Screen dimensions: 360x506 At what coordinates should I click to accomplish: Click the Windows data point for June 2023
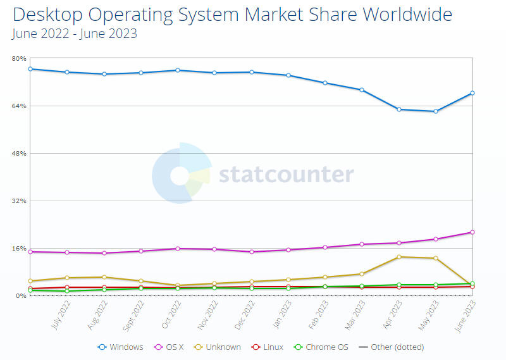472,93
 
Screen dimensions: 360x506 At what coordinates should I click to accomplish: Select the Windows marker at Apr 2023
398,109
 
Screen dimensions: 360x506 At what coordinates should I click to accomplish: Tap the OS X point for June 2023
472,232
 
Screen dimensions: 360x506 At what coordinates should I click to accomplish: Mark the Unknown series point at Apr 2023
398,257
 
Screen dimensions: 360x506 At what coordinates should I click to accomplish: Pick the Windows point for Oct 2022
178,70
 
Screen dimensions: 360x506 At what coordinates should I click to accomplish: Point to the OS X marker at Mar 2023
362,244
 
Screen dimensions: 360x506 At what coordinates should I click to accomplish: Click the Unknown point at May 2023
435,258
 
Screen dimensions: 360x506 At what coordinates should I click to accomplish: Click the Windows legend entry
121,347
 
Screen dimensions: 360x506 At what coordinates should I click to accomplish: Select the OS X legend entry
171,347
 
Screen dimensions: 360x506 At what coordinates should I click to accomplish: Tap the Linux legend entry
268,347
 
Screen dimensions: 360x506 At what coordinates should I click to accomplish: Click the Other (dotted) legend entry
392,347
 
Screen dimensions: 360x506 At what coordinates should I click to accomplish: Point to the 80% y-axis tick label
19,58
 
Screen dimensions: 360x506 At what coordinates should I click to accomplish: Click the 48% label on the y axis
19,153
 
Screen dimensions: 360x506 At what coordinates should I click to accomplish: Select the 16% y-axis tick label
19,248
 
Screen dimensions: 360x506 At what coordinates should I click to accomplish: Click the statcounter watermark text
286,174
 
